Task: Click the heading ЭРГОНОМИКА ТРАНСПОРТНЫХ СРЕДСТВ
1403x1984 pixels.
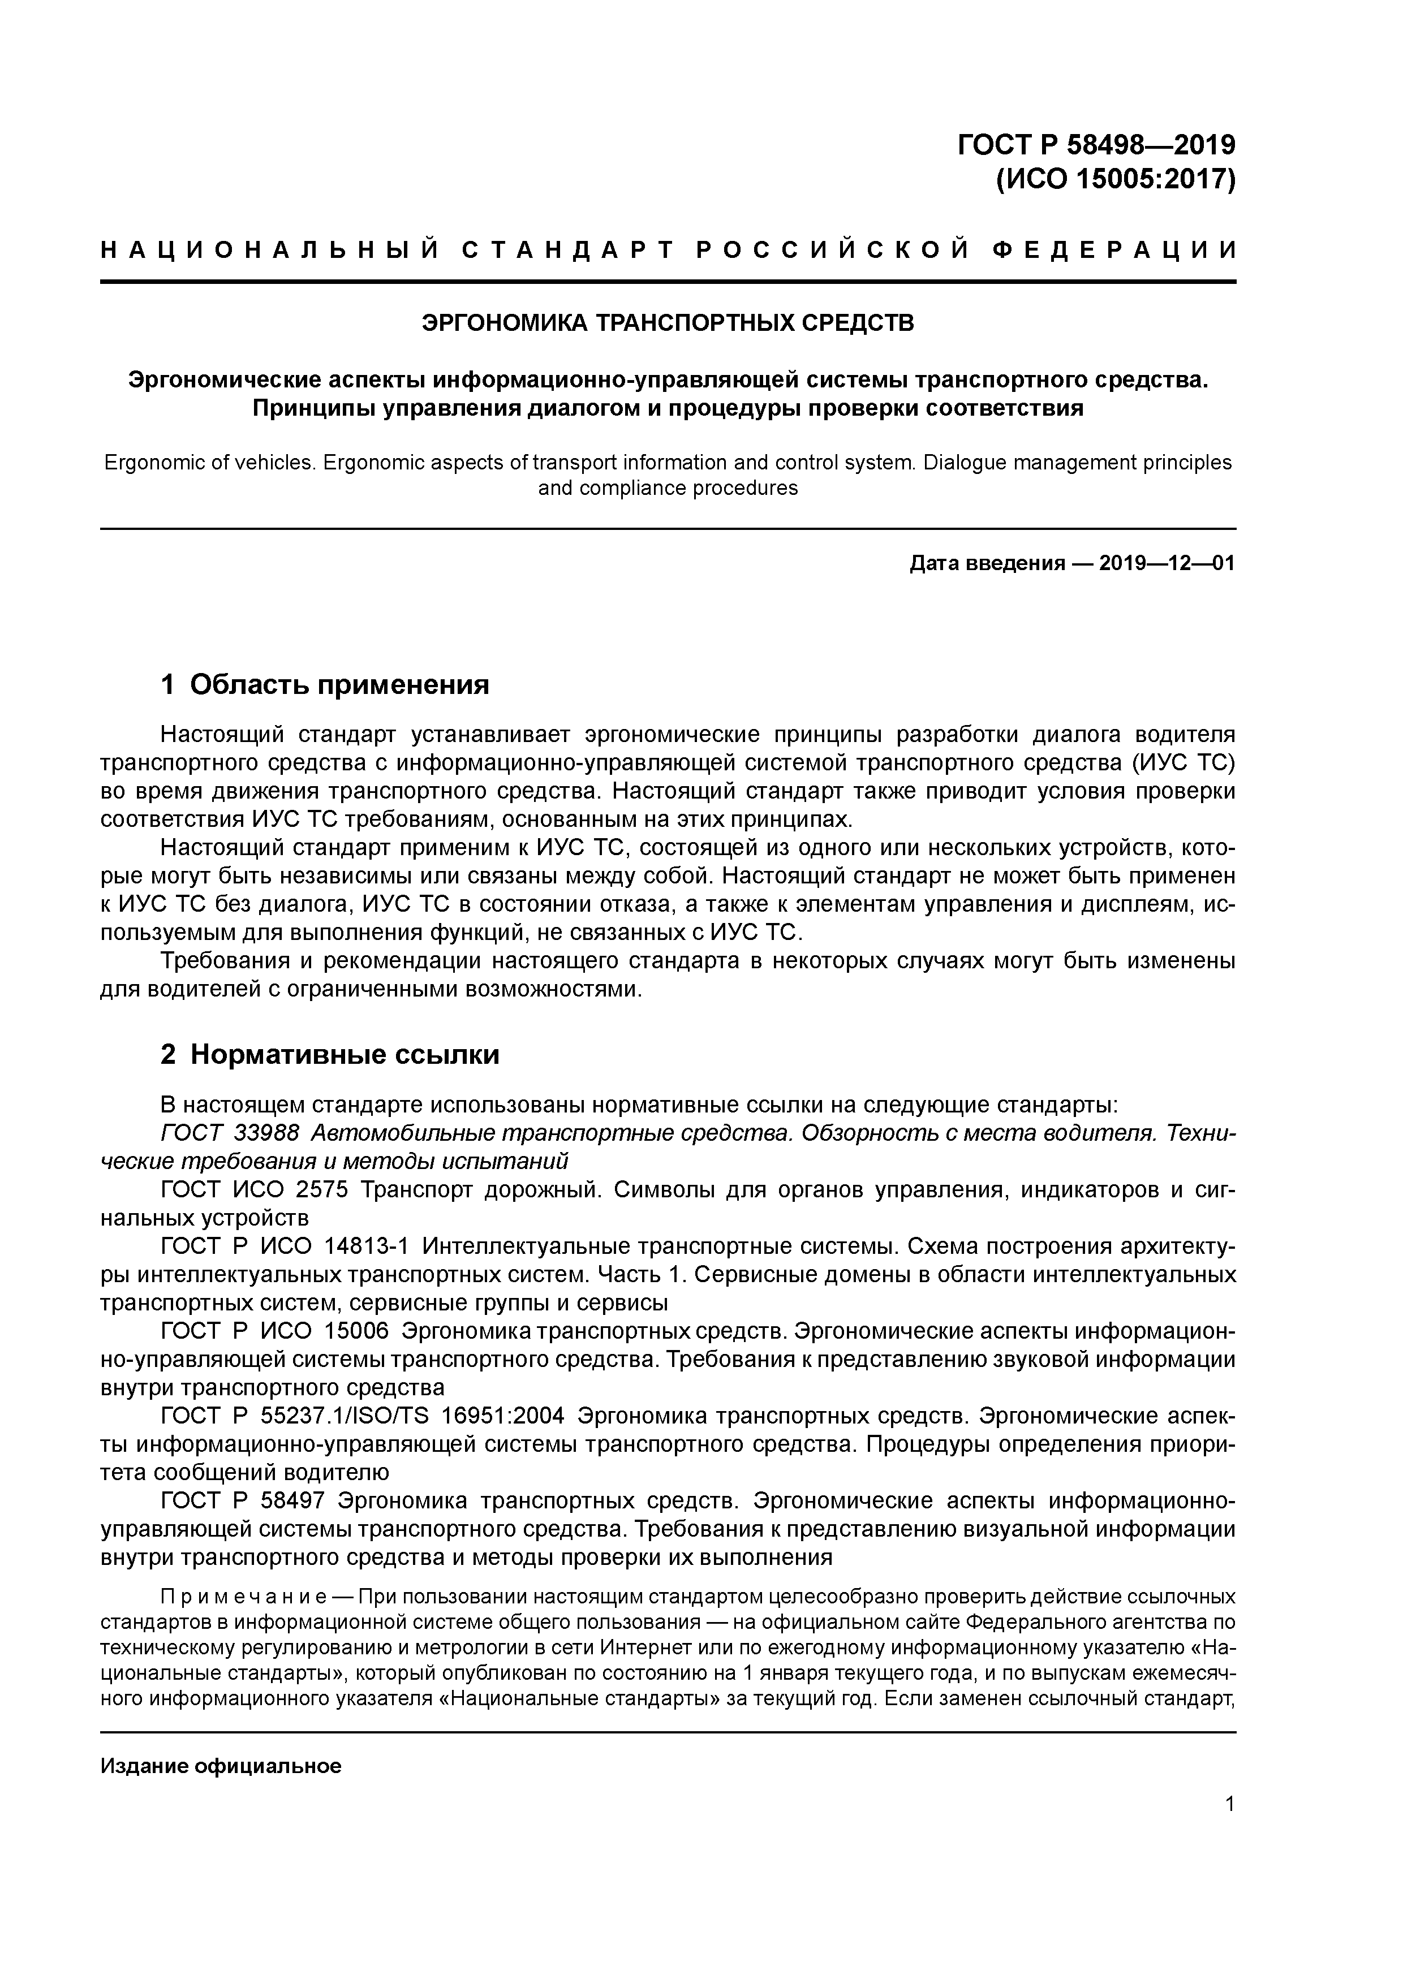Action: click(668, 323)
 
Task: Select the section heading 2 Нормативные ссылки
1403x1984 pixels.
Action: click(330, 1054)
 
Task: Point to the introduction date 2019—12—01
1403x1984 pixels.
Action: click(1166, 564)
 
